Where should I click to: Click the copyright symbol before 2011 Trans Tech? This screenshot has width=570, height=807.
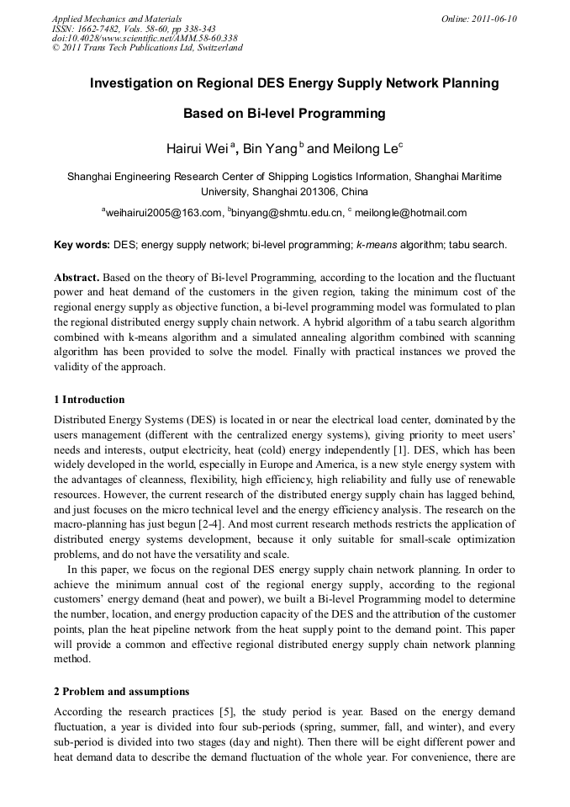(x=55, y=48)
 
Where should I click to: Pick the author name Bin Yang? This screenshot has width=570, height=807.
(x=270, y=149)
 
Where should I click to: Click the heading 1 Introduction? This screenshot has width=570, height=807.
(x=89, y=399)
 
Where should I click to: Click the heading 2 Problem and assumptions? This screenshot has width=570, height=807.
(x=121, y=692)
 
